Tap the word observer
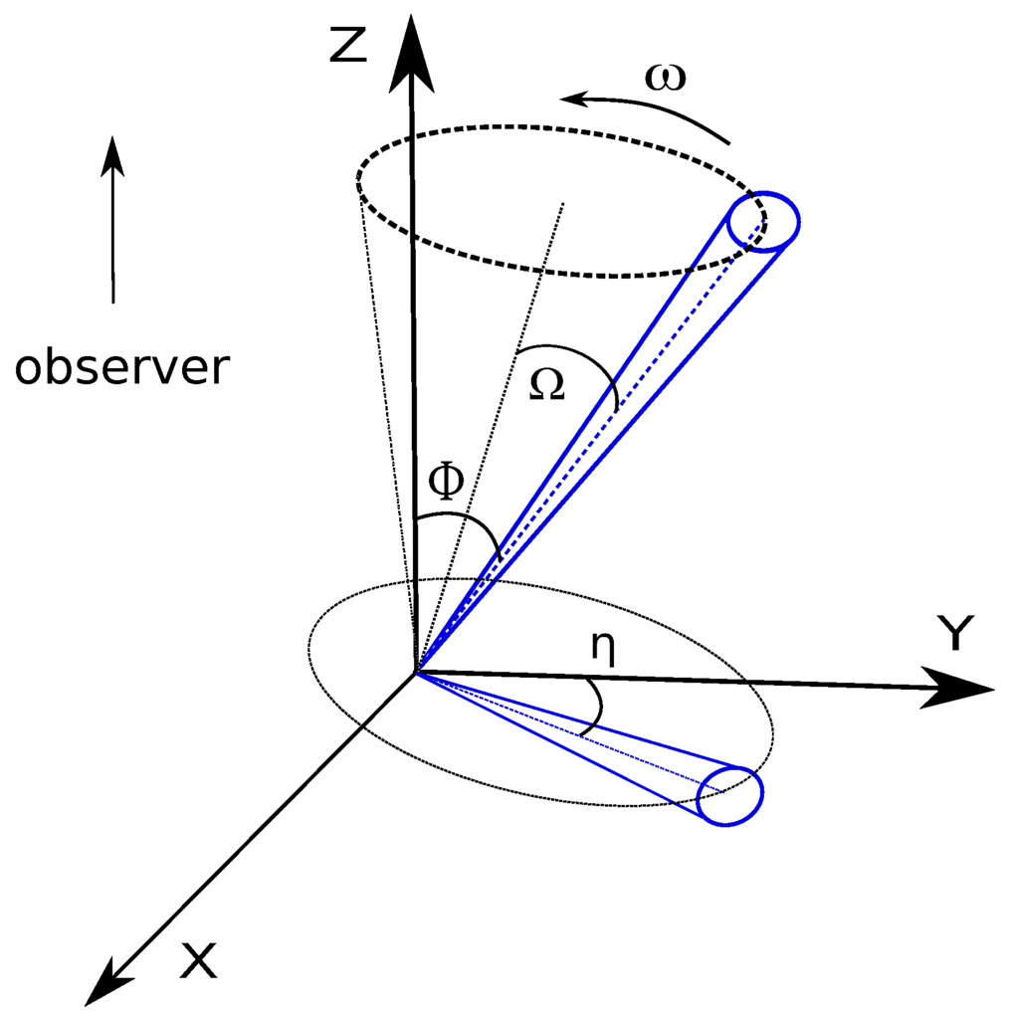121,368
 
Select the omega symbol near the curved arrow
665,78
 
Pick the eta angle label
601,647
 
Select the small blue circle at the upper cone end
763,220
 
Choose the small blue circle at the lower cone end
729,795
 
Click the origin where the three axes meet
415,674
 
